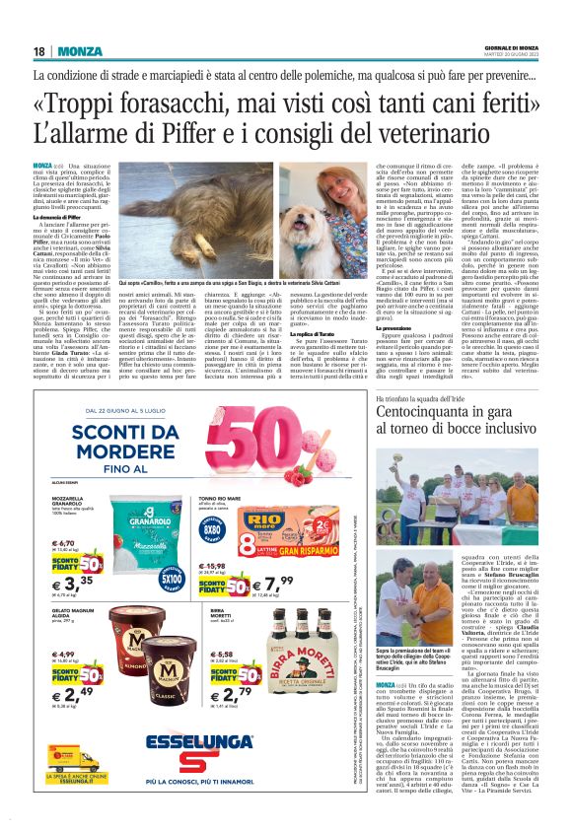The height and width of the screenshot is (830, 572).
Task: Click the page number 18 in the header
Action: (39, 50)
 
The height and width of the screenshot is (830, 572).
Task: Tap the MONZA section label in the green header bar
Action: (79, 50)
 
